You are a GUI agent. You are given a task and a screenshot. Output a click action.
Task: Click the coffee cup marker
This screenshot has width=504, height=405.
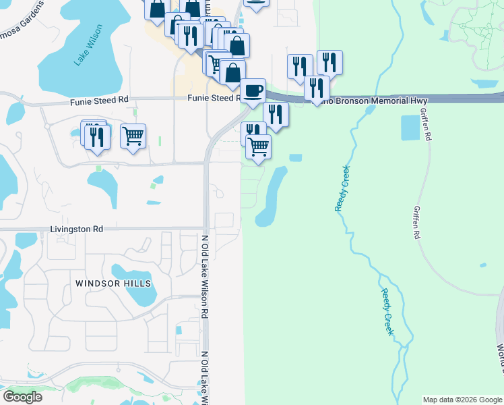tap(253, 90)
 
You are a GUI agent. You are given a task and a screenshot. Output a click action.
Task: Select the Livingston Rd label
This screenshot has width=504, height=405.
tap(76, 230)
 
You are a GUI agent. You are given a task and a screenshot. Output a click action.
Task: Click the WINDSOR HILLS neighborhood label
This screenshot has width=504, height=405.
tap(113, 283)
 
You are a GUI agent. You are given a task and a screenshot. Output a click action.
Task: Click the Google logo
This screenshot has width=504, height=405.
tap(22, 397)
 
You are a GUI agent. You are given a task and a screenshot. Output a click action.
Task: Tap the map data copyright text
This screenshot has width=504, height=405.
tap(462, 400)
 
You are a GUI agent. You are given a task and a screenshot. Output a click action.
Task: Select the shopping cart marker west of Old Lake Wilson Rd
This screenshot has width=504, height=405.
tap(133, 135)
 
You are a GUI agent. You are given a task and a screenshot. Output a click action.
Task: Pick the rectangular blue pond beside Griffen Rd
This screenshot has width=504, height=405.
tap(410, 128)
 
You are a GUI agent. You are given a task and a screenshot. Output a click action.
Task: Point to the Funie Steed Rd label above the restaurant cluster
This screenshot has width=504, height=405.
tap(99, 100)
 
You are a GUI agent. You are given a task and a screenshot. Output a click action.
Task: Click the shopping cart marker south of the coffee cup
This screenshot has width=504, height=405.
tap(259, 146)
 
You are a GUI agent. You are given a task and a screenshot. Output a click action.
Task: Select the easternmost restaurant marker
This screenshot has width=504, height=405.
tap(329, 63)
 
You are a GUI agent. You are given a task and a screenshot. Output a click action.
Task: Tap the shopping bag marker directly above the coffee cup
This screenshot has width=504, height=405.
tap(232, 72)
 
